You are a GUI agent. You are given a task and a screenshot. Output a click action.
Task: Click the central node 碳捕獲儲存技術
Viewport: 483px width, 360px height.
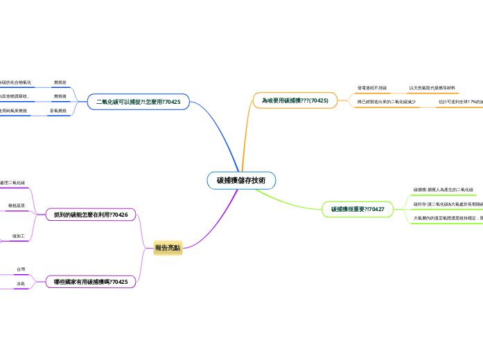pos(241,181)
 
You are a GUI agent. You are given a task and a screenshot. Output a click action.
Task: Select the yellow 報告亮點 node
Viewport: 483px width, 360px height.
pos(168,248)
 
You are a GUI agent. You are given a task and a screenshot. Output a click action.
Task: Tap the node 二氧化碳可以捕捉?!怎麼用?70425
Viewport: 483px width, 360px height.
pos(139,102)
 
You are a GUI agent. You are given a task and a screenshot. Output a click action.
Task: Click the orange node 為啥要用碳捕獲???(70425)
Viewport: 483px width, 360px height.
pos(295,100)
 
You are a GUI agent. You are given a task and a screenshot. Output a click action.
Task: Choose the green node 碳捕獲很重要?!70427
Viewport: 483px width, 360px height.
pos(358,209)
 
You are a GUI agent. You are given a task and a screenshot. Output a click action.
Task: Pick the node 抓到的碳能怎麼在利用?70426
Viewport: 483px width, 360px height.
pos(91,215)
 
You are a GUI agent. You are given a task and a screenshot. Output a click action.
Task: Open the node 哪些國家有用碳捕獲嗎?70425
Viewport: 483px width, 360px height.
pos(91,282)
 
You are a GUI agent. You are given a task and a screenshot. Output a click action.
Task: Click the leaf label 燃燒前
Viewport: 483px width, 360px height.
pos(60,82)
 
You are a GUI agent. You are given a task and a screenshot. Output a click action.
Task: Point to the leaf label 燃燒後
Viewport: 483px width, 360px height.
pos(60,96)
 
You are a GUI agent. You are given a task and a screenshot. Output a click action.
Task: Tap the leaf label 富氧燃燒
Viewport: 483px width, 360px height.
pos(58,111)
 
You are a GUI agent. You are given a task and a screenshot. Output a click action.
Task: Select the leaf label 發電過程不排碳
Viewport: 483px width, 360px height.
pos(372,88)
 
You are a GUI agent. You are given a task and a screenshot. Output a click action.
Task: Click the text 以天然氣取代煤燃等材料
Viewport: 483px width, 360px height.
pos(432,88)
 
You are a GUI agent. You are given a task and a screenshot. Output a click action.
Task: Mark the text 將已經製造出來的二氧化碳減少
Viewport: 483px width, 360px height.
pos(387,102)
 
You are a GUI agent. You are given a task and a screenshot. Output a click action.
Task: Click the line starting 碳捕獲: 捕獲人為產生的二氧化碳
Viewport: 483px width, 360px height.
pos(444,189)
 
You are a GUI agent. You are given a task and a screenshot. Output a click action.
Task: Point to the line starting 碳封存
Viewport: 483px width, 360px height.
pos(447,204)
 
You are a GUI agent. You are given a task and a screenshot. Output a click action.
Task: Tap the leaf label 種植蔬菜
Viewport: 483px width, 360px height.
pos(17,206)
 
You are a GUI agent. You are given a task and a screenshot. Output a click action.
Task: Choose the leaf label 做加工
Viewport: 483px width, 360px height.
pos(19,236)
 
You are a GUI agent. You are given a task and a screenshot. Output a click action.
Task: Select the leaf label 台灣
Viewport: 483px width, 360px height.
pos(21,269)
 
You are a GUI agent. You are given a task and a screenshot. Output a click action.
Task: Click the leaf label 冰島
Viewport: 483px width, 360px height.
pos(21,284)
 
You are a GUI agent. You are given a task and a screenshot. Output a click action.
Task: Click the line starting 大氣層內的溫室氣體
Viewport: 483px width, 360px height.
pos(448,218)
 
